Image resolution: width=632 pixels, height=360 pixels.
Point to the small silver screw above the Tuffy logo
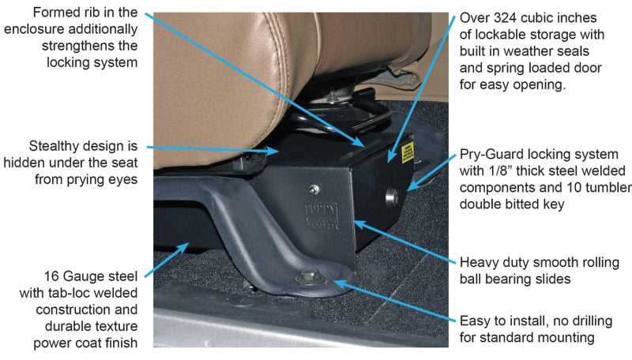point(314,188)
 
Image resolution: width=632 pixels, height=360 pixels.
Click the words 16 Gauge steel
point(91,276)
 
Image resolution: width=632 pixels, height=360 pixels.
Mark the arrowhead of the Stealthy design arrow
point(277,149)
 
